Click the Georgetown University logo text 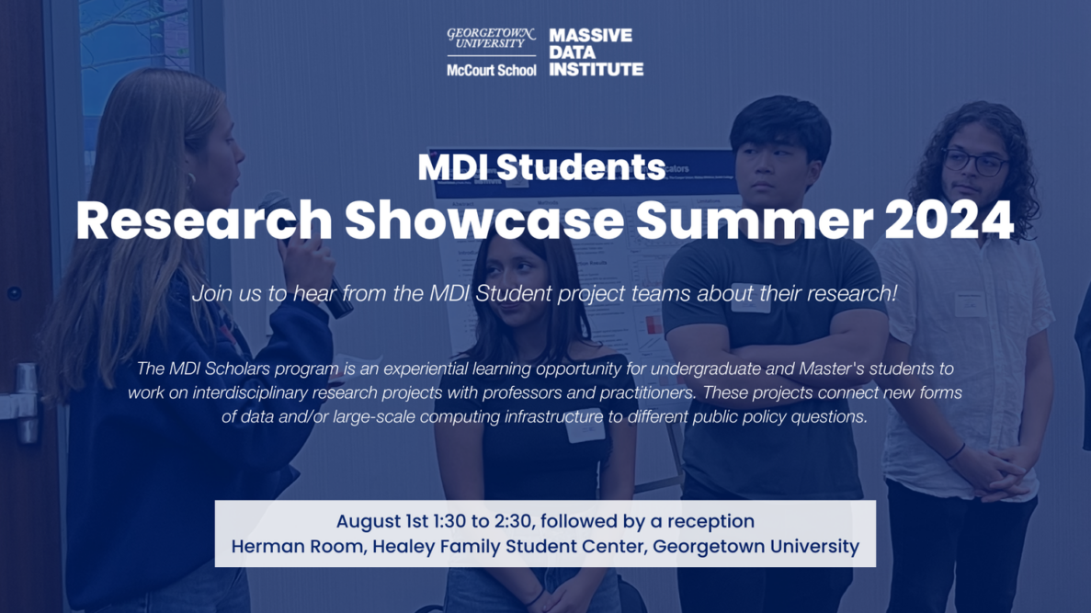(490, 39)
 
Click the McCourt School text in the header (491, 70)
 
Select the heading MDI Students (541, 167)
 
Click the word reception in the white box (710, 521)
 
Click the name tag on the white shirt (970, 304)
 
